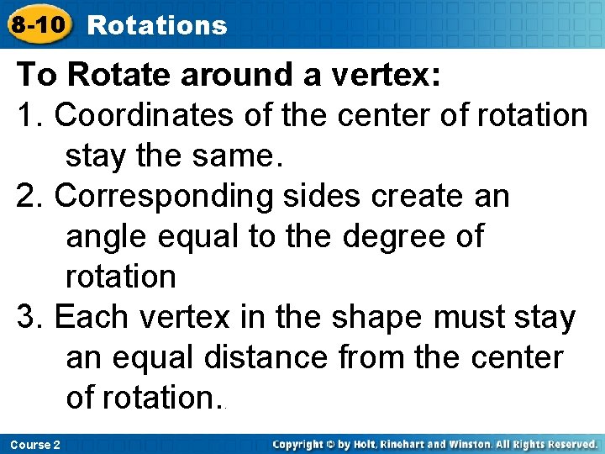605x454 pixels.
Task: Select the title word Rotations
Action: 157,25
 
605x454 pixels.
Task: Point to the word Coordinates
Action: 145,116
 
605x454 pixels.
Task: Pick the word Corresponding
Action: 163,197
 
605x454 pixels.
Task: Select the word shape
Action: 377,318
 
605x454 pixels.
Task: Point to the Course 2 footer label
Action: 35,444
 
